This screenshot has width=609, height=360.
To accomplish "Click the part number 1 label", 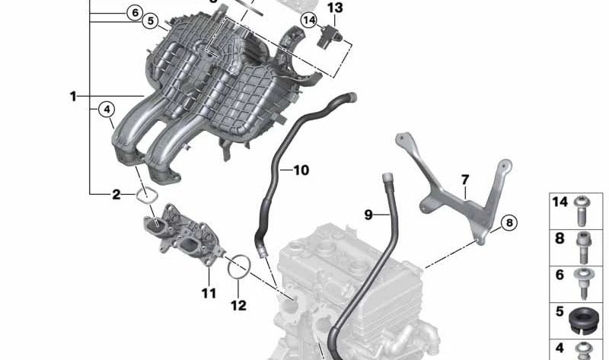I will [73, 97].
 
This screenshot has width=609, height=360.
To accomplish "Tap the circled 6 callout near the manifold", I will [134, 13].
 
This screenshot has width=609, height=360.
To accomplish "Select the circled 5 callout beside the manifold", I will [150, 21].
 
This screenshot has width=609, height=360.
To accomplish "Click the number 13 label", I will [335, 8].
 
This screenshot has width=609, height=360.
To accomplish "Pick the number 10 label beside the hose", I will [301, 170].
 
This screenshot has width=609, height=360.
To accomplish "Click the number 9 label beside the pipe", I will [368, 215].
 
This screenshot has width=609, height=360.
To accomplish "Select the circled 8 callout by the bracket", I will [508, 222].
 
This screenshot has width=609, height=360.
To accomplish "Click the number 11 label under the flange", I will [209, 292].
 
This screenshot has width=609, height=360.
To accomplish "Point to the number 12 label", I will [238, 305].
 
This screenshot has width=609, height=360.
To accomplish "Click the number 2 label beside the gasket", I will [116, 195].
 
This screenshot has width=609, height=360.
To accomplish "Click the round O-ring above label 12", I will [240, 266].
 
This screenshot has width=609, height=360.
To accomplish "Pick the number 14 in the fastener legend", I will [560, 202].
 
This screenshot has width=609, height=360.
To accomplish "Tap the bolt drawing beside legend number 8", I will [585, 245].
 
